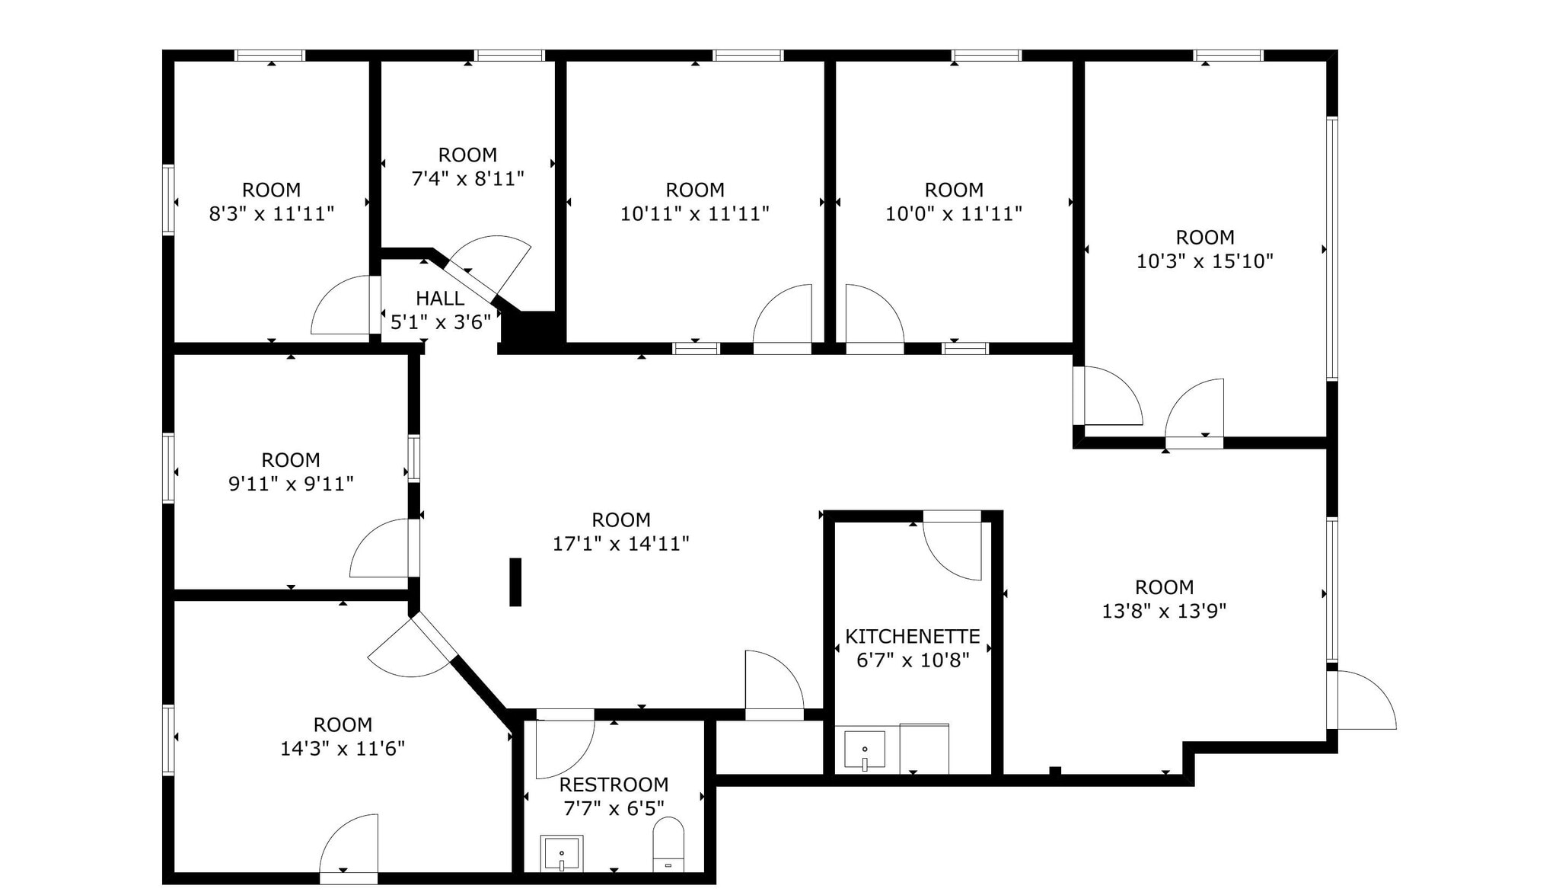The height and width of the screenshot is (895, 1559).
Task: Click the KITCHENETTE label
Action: click(x=913, y=636)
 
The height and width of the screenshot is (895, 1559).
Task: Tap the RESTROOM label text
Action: click(x=614, y=785)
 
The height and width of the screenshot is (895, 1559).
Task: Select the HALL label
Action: click(x=440, y=298)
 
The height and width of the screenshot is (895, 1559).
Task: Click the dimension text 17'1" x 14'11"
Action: click(x=621, y=544)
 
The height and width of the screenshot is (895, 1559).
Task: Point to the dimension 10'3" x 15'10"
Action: click(x=1205, y=261)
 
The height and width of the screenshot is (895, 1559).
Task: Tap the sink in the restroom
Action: click(x=562, y=853)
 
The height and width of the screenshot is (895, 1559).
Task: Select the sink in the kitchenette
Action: click(x=865, y=751)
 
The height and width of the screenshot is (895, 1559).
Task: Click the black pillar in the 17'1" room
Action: click(x=515, y=582)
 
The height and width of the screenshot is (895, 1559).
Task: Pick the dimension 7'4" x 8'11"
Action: click(x=467, y=178)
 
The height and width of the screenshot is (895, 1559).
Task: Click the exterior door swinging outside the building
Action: click(x=1366, y=701)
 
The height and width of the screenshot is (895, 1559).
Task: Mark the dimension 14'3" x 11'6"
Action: click(x=343, y=749)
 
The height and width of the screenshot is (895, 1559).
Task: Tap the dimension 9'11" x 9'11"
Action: click(x=291, y=484)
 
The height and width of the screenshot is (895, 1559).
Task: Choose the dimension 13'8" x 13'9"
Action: click(x=1164, y=611)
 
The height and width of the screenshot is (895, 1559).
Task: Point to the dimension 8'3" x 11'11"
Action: click(x=272, y=214)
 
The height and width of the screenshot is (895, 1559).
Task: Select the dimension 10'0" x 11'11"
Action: click(x=953, y=214)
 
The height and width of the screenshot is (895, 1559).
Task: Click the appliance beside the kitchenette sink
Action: click(x=924, y=748)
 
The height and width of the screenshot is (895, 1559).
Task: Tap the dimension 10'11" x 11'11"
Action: click(x=694, y=214)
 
